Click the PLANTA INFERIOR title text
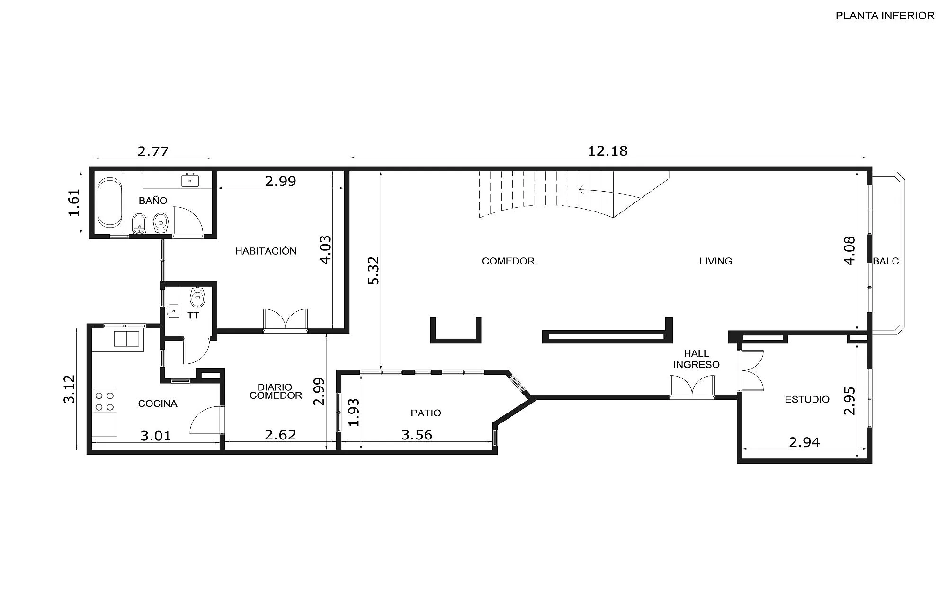(x=885, y=16)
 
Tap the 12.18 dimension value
(x=608, y=151)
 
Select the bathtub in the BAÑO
(x=110, y=203)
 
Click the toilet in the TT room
(x=197, y=297)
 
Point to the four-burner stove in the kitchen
(x=105, y=400)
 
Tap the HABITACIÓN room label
(x=266, y=251)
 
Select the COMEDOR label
(x=508, y=261)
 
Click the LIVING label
(x=715, y=261)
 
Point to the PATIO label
(x=426, y=413)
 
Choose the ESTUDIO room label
(x=807, y=399)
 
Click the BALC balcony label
(x=885, y=261)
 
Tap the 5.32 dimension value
(x=374, y=271)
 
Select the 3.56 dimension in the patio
(x=417, y=435)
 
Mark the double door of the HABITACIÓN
(x=286, y=320)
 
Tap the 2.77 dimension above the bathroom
(x=153, y=151)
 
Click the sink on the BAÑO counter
(x=190, y=180)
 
